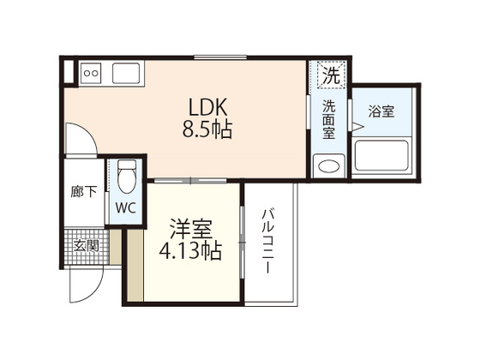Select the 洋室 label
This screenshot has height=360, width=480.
189,229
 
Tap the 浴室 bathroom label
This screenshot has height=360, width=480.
381,111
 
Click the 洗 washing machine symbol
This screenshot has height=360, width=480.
331,75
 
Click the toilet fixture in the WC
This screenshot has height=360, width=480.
128,177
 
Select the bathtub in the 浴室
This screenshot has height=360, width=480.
383,156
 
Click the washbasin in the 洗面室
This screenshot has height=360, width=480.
327,165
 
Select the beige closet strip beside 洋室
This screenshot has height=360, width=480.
134,265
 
